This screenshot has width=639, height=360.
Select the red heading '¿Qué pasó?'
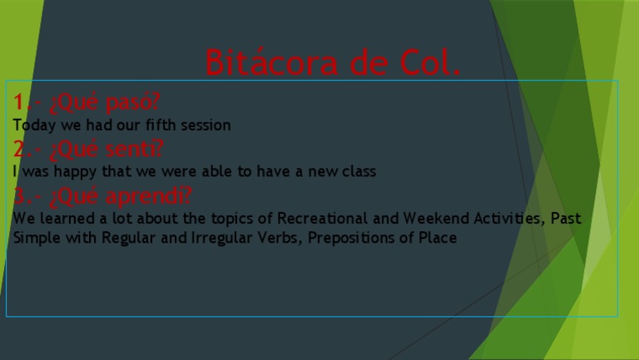point(105,103)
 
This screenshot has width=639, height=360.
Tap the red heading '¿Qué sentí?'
point(106,150)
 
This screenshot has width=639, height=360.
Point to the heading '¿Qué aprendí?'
point(121,196)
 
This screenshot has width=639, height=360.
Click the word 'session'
point(207,126)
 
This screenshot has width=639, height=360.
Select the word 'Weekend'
point(433,219)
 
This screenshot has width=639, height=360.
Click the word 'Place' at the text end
point(438,239)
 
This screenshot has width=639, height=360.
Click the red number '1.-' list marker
point(26,103)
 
